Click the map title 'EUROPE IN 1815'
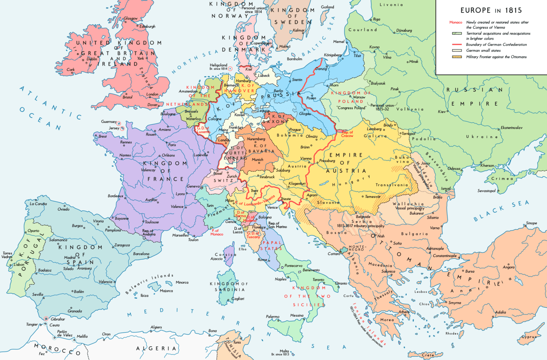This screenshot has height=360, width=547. (x=491, y=10)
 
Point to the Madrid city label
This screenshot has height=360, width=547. (x=70, y=257)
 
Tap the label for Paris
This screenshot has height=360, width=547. (x=172, y=145)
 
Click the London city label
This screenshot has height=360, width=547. (x=152, y=94)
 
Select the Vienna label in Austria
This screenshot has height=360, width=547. (x=306, y=158)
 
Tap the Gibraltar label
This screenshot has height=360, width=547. (x=57, y=319)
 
